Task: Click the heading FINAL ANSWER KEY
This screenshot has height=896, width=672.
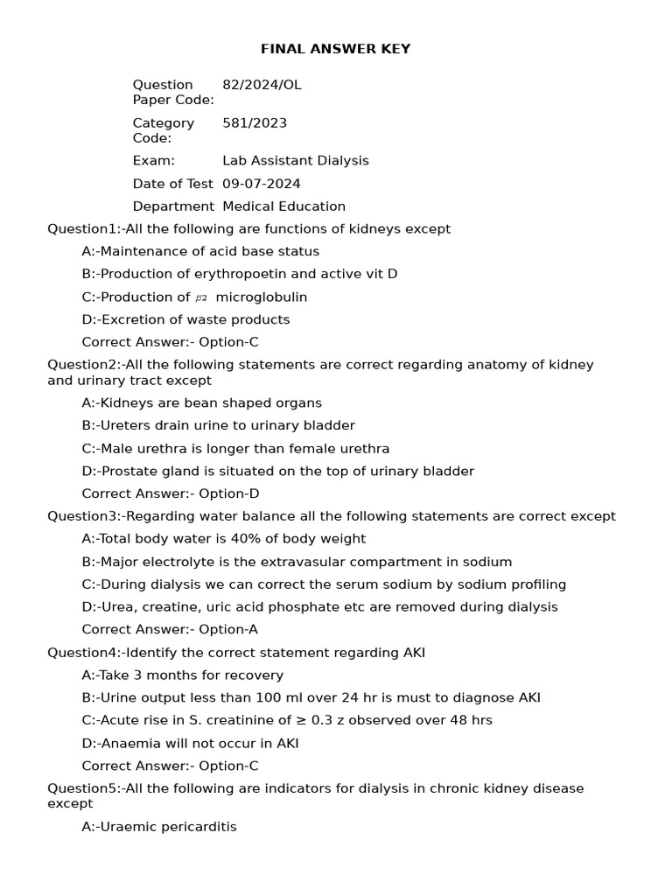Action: point(335,49)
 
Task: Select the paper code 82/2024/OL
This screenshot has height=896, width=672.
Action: point(262,85)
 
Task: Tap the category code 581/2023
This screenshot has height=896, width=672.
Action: point(255,123)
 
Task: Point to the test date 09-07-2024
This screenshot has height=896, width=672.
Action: point(262,184)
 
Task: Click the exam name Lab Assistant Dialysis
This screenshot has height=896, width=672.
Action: point(296,161)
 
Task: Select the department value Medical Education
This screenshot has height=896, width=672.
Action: point(284,206)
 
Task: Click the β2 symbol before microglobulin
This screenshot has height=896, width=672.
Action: point(201,297)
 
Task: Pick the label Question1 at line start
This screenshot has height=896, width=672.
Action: point(82,229)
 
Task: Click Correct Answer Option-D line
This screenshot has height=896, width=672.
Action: point(171,493)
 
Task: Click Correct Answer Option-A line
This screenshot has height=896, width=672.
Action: point(170,629)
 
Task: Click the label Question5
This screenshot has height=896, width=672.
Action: point(82,788)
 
